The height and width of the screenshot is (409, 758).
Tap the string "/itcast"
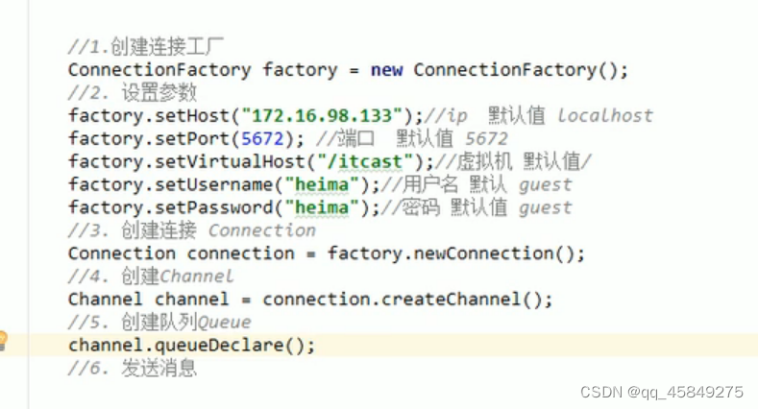click(370, 161)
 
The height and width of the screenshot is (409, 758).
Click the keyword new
click(386, 69)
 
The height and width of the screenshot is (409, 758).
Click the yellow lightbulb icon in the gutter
click(3, 339)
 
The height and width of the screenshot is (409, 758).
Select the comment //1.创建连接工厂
click(146, 47)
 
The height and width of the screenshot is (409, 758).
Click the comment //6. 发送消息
click(133, 368)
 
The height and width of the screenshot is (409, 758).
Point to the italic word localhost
click(605, 115)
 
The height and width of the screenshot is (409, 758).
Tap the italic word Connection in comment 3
click(261, 230)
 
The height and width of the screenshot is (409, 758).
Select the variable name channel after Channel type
click(192, 299)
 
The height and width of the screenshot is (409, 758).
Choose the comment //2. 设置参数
click(133, 93)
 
